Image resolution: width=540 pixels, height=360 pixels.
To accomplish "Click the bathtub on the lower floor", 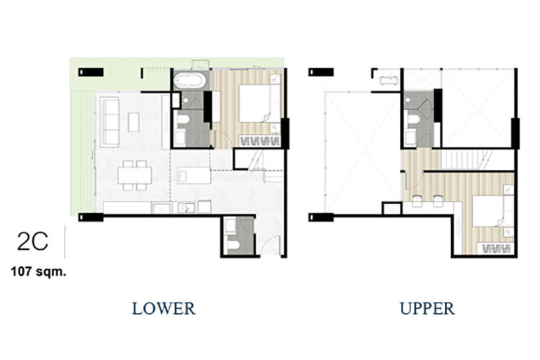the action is pos(189,81).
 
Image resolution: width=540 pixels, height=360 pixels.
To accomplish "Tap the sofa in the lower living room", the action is pos(110,122).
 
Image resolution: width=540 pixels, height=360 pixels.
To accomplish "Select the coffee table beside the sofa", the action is pos(134,122).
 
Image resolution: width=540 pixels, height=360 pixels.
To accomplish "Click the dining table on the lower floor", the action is pos(135,176).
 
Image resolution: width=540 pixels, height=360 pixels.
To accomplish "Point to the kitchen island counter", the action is pos(194,176).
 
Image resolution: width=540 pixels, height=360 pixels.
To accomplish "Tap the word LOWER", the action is pos(164,308).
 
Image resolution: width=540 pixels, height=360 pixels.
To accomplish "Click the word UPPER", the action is pos(427,308).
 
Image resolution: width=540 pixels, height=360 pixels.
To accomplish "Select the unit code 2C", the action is pos(32,241).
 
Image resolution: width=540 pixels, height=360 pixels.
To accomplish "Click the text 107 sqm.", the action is pos(38,271).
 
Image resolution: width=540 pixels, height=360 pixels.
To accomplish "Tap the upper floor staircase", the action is pos(464,160).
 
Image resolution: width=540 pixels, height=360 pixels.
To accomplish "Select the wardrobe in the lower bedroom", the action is pos(259,140).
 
